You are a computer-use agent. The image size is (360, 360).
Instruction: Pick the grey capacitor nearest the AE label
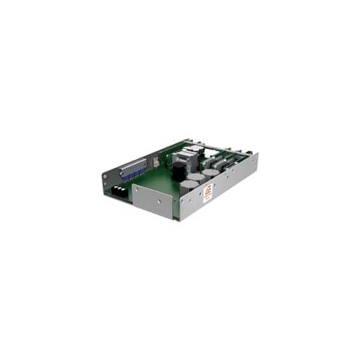pyautogui.click(x=189, y=186)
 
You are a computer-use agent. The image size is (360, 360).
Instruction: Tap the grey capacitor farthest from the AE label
pyautogui.click(x=210, y=174)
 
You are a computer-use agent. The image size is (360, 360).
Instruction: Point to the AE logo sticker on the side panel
pyautogui.click(x=207, y=192)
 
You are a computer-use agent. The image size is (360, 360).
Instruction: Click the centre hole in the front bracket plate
pyautogui.click(x=154, y=204)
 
